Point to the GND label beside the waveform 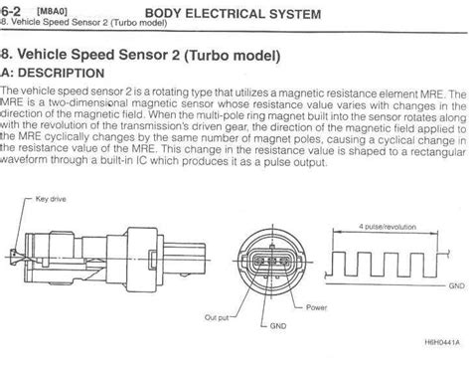455,283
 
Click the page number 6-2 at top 11,12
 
